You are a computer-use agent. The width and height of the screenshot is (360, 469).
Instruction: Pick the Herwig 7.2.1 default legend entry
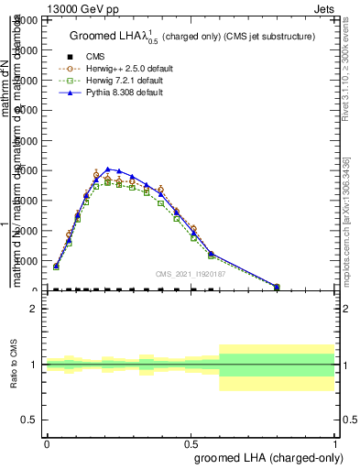click(123, 81)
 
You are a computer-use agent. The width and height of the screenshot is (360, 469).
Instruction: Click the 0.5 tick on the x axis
click(191, 442)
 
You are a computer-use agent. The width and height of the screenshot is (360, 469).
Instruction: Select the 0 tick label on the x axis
click(47, 442)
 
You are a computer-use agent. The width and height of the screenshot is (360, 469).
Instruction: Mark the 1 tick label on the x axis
click(334, 442)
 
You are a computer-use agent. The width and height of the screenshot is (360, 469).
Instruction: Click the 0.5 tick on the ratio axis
click(31, 420)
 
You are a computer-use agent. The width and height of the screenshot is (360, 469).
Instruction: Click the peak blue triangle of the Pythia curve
click(108, 169)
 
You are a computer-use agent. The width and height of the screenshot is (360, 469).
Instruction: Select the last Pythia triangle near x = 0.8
click(277, 287)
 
